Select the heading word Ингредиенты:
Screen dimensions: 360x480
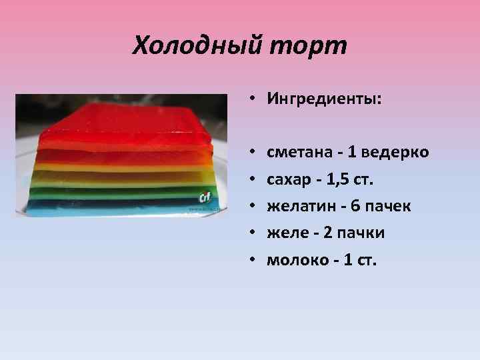coord(325,100)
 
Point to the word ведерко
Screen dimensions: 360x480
coord(395,153)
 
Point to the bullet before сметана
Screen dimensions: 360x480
coord(254,153)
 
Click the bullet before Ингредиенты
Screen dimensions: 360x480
coord(254,101)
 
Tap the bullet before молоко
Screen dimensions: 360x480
coord(254,260)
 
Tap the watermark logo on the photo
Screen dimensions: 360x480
coord(205,197)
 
